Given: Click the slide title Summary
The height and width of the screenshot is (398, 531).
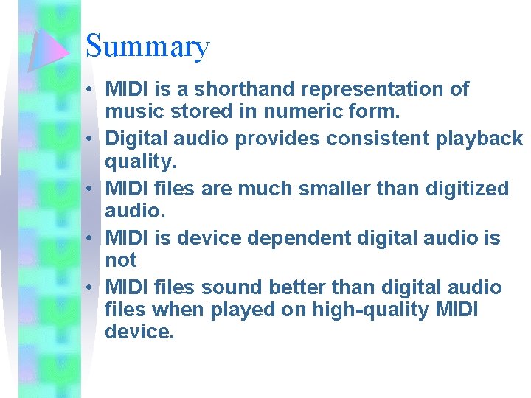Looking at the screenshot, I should coord(147,46).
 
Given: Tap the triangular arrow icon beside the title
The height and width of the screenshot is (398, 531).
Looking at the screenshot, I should coord(49,49).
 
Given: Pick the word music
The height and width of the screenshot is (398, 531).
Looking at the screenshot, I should coord(133,114).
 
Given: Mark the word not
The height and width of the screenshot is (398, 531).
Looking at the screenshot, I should coord(121,260).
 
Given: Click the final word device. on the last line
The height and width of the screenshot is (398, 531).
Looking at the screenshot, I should coord(140,332).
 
